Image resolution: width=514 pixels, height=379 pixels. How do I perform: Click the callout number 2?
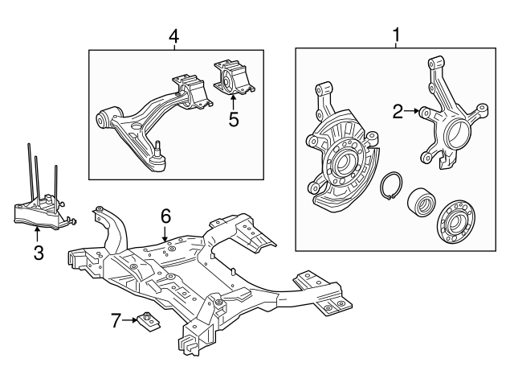point(398,112)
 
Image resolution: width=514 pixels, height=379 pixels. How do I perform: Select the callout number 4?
point(173,36)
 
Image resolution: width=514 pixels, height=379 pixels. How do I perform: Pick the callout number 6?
point(165,216)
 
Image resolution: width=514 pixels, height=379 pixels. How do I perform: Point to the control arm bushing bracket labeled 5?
point(231,79)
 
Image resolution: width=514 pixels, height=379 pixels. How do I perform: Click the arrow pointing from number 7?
point(131,321)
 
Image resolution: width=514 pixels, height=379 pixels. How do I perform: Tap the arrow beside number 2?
point(414,112)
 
